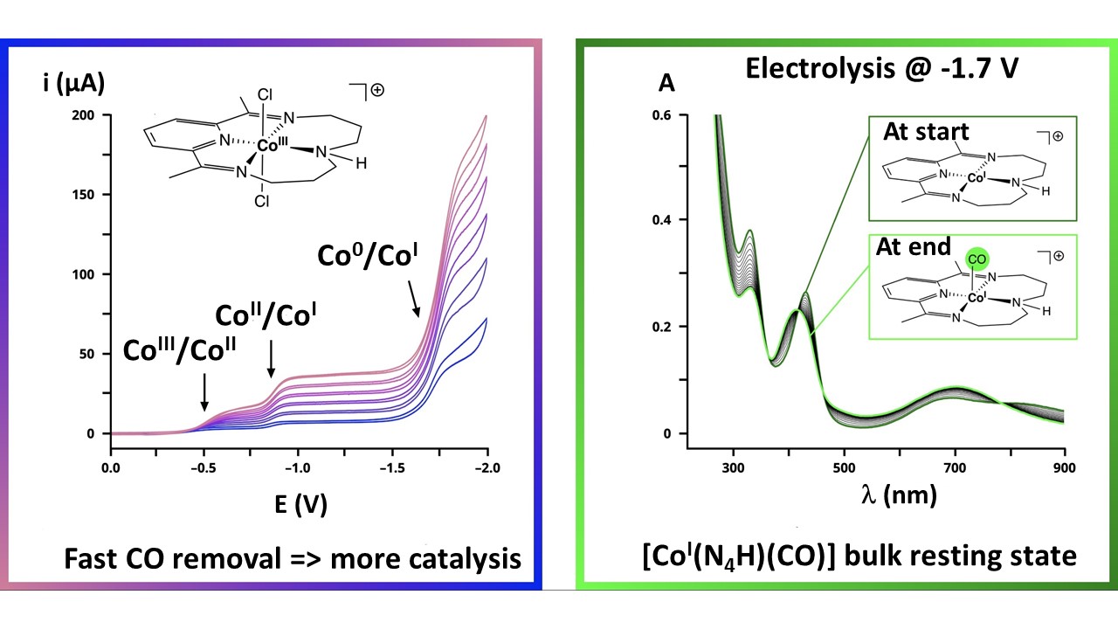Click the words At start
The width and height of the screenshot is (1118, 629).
pos(926,133)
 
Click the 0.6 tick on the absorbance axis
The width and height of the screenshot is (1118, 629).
pos(664,115)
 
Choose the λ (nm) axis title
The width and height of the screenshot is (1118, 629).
pos(897,495)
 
